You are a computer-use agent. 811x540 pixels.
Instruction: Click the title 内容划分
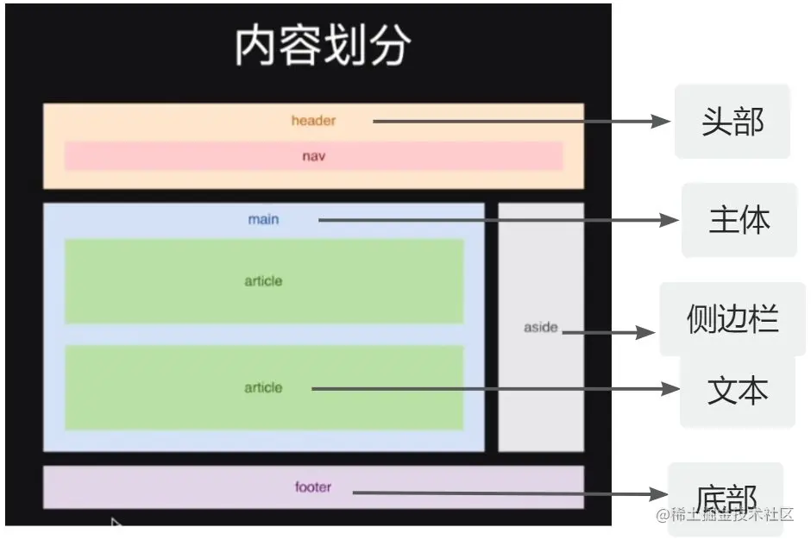[x=322, y=46]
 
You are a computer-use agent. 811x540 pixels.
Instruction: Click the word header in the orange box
[x=313, y=121]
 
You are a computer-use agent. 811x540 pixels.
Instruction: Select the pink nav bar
[x=313, y=156]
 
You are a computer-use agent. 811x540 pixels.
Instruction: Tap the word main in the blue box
[x=263, y=219]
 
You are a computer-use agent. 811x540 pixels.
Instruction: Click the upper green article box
[x=263, y=281]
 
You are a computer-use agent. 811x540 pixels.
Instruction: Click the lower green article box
[x=263, y=387]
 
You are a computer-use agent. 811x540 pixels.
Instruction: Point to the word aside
[x=541, y=328]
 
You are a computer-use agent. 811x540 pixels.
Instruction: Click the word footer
[x=312, y=487]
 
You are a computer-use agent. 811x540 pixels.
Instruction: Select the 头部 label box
[x=732, y=122]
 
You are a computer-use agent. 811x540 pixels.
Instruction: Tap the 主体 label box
[x=739, y=220]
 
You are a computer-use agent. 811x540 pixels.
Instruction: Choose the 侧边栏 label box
[x=732, y=319]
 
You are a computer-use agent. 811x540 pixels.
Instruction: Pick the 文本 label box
[x=737, y=391]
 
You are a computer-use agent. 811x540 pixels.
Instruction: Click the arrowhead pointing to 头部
[x=663, y=122]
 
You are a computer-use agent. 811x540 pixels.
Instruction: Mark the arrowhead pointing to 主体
[x=670, y=220]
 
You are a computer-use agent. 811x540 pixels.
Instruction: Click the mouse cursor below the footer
[x=116, y=524]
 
